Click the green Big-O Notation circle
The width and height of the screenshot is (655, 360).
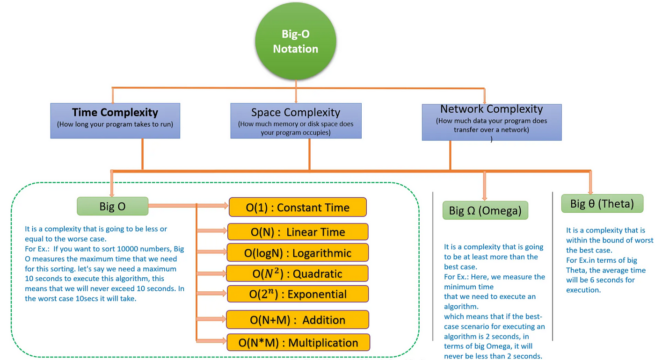[x=296, y=41]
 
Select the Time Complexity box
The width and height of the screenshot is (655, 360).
[x=115, y=121]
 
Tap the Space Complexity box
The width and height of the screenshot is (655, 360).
[x=296, y=121]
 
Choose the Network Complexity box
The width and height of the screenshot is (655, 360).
[x=492, y=122]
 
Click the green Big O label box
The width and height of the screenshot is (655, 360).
[x=113, y=206]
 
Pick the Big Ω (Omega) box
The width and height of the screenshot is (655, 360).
[x=486, y=210]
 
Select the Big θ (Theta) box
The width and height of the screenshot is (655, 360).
[x=603, y=204]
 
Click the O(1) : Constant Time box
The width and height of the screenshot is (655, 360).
[x=298, y=207]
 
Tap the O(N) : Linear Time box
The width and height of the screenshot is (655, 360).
[x=298, y=232]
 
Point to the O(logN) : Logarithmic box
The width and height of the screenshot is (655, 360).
[x=298, y=253]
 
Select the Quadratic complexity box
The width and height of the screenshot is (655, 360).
[x=298, y=274]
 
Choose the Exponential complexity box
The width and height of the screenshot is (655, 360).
[x=298, y=294]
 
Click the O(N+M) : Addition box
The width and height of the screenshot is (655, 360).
[x=298, y=320]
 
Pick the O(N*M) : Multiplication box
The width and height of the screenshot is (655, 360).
[x=298, y=342]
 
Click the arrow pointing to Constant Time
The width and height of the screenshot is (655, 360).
[x=188, y=206]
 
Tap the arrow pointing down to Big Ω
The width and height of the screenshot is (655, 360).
[x=485, y=186]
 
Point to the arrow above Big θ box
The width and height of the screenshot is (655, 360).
[x=590, y=183]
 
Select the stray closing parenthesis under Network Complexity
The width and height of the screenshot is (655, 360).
[x=492, y=139]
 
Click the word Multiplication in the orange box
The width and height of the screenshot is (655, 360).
[x=323, y=343]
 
